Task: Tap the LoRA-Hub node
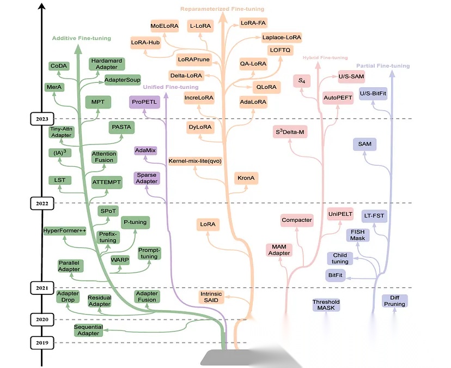(x=145, y=42)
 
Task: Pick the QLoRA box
(x=266, y=87)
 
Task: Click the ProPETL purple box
(x=144, y=101)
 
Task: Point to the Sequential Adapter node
(x=88, y=330)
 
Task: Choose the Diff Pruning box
(x=395, y=300)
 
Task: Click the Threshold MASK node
(x=326, y=305)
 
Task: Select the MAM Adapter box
(x=279, y=250)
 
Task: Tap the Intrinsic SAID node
(x=211, y=297)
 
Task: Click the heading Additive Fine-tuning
(x=81, y=38)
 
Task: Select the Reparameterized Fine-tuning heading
(x=222, y=9)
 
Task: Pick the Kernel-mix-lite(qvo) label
(x=195, y=161)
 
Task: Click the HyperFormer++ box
(x=65, y=231)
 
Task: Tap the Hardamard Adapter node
(x=106, y=63)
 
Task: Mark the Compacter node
(x=297, y=220)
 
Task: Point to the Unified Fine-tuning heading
(x=170, y=87)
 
